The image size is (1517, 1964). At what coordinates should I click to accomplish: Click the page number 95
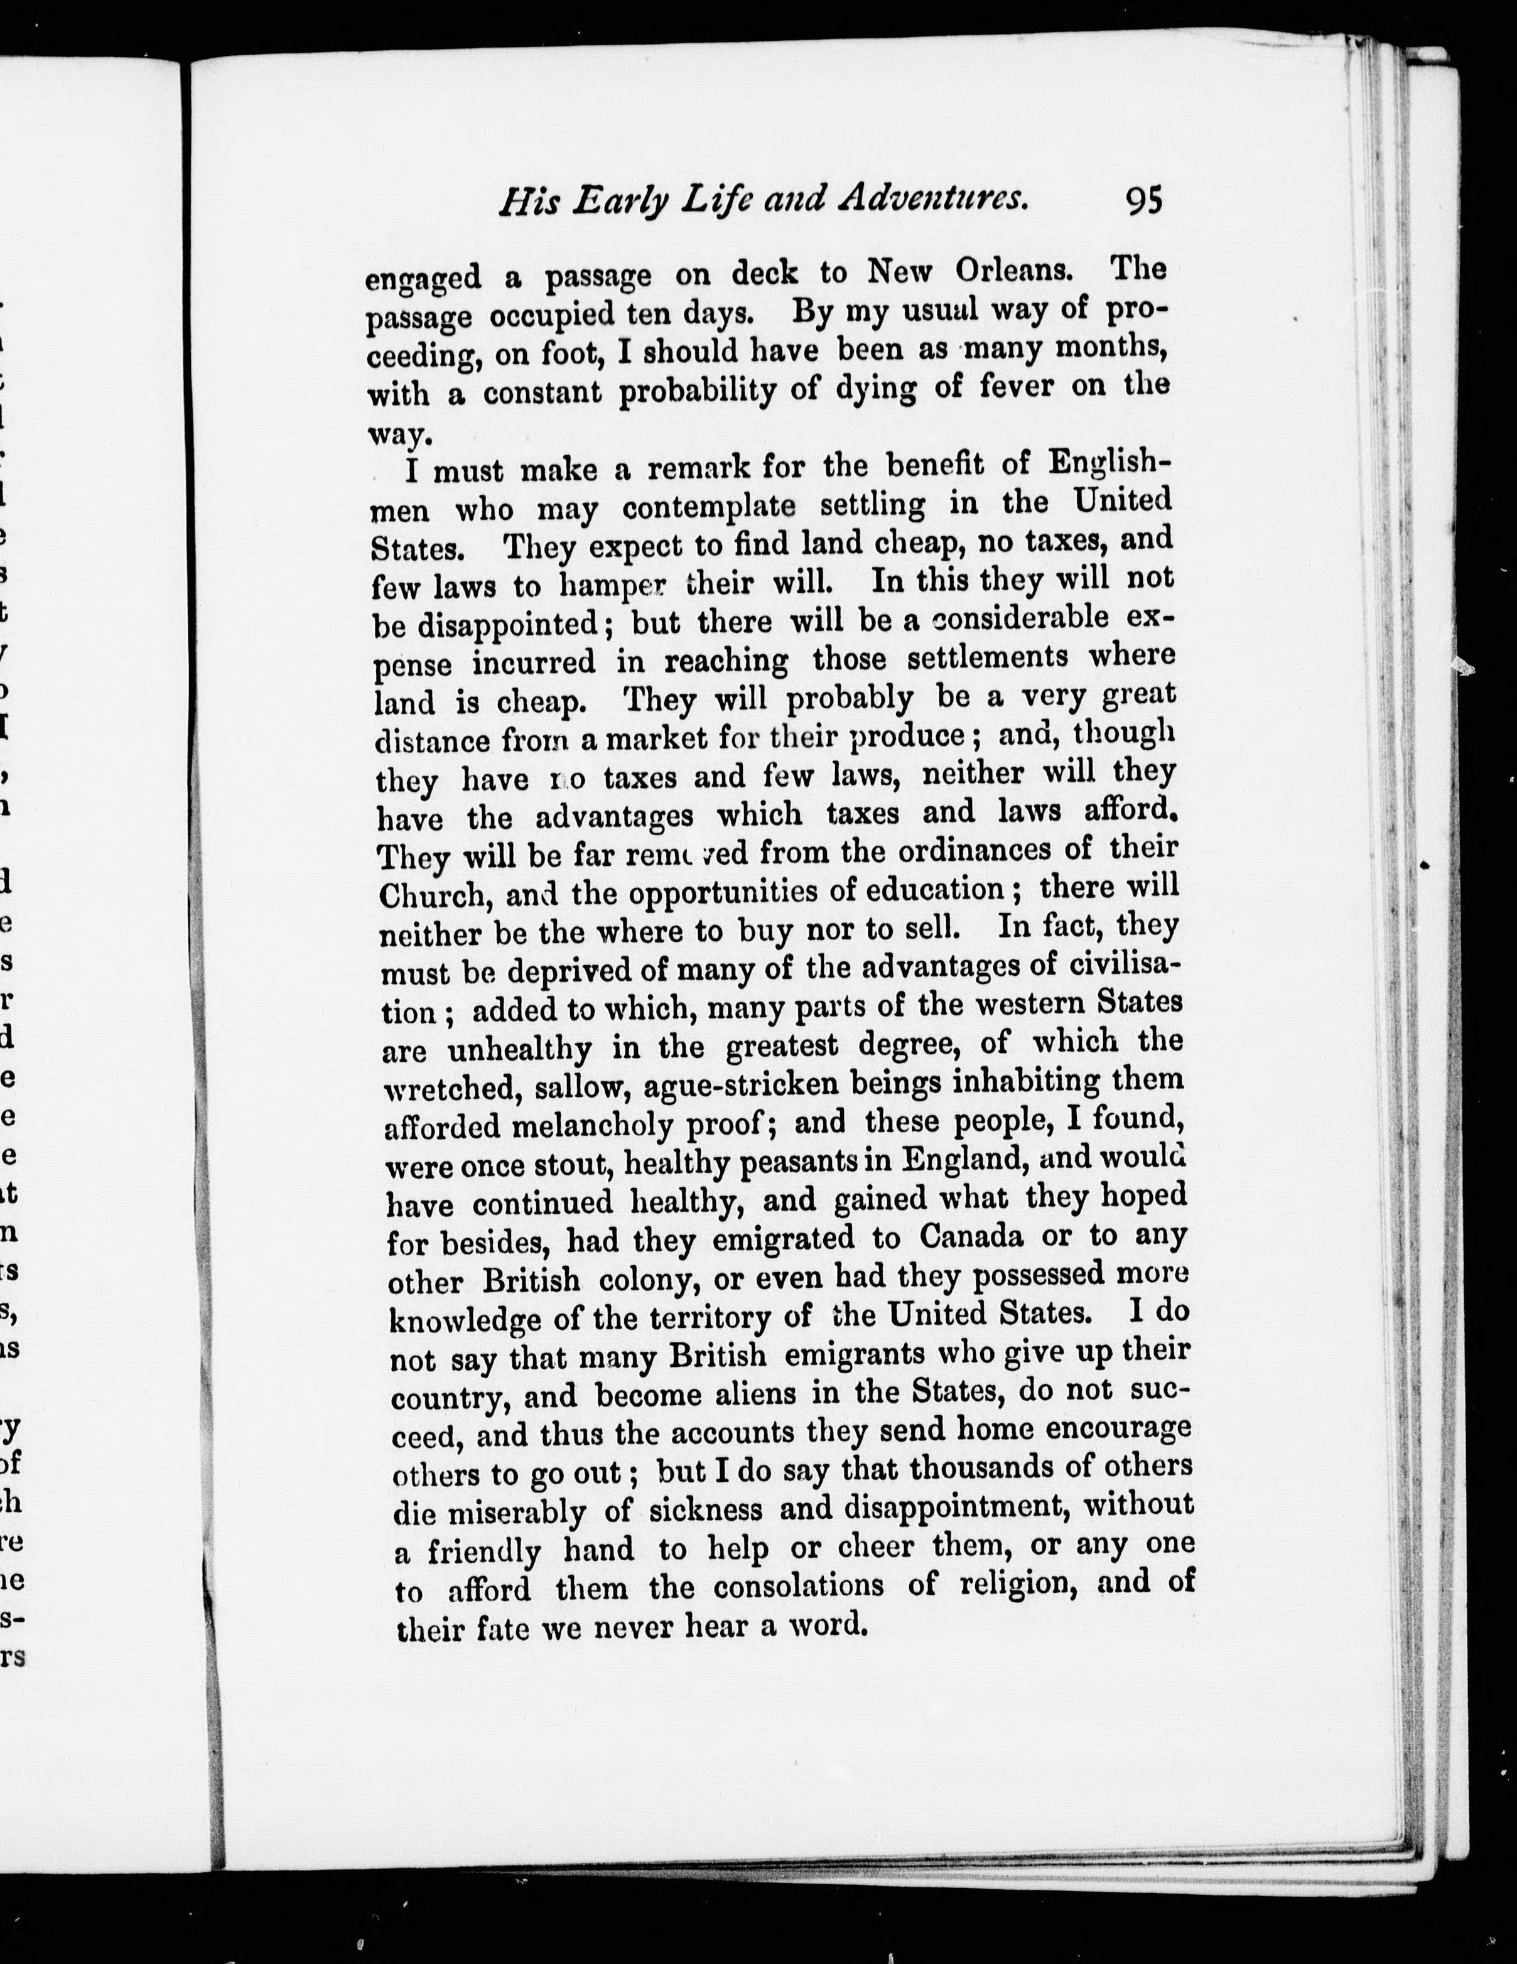[1143, 200]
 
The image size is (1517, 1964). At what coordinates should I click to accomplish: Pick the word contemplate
[709, 507]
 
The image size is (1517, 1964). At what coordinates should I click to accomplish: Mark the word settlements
[986, 658]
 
